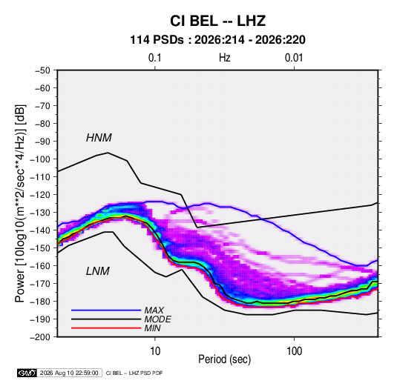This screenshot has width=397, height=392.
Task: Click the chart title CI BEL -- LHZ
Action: point(217,21)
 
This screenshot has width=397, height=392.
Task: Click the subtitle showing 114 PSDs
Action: point(217,40)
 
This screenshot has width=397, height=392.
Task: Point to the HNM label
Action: point(99,138)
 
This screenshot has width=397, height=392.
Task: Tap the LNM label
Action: point(98,271)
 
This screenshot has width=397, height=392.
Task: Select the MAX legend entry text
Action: point(154,310)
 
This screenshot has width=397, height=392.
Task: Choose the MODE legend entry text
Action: point(158,319)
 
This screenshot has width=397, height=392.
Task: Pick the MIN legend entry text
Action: point(152,328)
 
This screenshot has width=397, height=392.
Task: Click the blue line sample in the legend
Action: point(106,310)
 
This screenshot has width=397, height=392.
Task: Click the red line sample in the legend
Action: point(106,328)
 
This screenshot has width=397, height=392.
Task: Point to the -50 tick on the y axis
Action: point(42,70)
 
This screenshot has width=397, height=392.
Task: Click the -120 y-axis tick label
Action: point(40,195)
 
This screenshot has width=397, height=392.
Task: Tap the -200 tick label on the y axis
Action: point(40,337)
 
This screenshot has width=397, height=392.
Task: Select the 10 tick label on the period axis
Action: point(155,351)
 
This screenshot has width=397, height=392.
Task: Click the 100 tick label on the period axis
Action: point(294,351)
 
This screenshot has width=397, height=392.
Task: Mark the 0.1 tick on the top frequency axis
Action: point(154,58)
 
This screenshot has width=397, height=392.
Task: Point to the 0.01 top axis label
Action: point(294,58)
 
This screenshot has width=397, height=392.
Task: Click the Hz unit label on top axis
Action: point(225,58)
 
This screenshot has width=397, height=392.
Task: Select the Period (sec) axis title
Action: point(225,359)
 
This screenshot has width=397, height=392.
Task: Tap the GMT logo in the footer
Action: point(27,373)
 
